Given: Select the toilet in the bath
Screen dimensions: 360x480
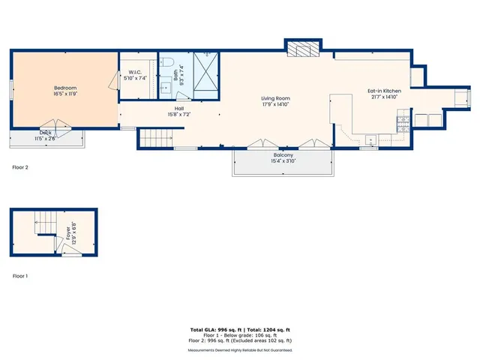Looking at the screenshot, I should click(168, 62).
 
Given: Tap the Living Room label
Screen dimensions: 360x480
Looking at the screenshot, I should click(275, 98).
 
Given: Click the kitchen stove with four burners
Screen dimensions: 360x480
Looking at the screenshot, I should click(403, 119).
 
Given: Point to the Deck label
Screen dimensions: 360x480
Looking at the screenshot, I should click(46, 133).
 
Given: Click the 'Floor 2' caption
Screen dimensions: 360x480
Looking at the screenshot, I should click(20, 167).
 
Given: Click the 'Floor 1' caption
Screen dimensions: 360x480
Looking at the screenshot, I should click(20, 276).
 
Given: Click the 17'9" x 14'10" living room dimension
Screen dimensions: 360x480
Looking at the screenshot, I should click(275, 104).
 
